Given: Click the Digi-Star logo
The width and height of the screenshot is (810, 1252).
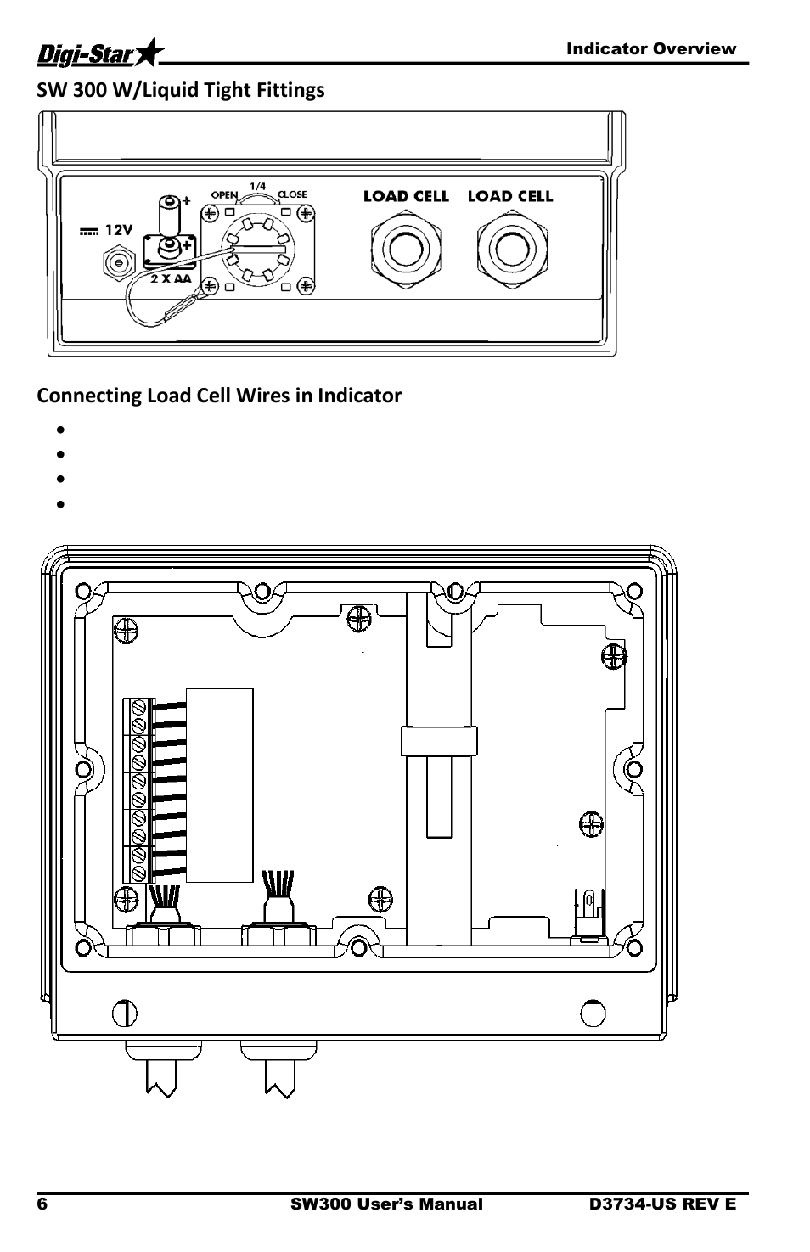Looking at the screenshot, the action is pyautogui.click(x=101, y=53).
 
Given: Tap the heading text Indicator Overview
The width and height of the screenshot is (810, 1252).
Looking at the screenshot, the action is pyautogui.click(x=651, y=48).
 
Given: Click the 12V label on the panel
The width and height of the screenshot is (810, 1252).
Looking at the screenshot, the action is pyautogui.click(x=119, y=230).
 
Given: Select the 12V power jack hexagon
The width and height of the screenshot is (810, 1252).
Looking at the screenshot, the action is pyautogui.click(x=119, y=262).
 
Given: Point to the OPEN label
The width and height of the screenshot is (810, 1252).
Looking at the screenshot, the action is pyautogui.click(x=224, y=195).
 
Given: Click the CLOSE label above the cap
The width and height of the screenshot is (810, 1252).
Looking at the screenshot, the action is pyautogui.click(x=292, y=194).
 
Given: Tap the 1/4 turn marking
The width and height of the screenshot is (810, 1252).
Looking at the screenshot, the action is pyautogui.click(x=258, y=186).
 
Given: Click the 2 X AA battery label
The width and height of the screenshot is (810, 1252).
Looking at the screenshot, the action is pyautogui.click(x=171, y=278).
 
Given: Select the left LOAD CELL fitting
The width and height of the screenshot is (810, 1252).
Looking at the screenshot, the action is pyautogui.click(x=406, y=249).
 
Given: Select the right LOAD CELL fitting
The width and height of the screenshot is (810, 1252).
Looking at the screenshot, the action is pyautogui.click(x=512, y=249).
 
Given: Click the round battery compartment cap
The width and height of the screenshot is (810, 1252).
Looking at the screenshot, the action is pyautogui.click(x=258, y=250).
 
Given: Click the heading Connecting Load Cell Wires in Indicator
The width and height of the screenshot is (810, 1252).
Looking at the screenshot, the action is pyautogui.click(x=219, y=396).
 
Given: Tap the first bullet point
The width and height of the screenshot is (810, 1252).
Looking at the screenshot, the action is pyautogui.click(x=61, y=429).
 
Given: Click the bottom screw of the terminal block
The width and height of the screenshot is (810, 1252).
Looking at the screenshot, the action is pyautogui.click(x=138, y=873).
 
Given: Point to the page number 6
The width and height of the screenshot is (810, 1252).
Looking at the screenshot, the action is pyautogui.click(x=42, y=1204).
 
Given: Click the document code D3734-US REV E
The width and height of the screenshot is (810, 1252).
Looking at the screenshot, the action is pyautogui.click(x=662, y=1204).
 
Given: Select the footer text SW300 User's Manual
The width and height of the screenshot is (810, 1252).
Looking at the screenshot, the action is pyautogui.click(x=387, y=1204).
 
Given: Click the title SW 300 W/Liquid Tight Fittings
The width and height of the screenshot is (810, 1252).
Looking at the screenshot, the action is pyautogui.click(x=181, y=90).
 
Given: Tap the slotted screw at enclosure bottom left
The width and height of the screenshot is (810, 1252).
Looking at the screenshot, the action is pyautogui.click(x=125, y=1013).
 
